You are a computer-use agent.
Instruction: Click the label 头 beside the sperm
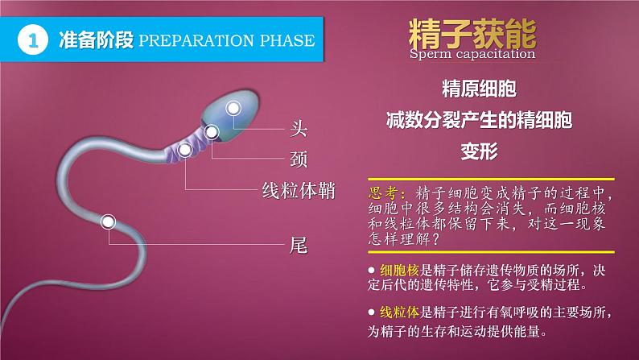(298, 127)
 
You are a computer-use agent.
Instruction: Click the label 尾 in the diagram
(298, 242)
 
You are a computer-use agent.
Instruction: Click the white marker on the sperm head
(233, 108)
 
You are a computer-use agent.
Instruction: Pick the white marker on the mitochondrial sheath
(185, 150)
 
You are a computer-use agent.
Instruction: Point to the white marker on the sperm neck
(212, 133)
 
